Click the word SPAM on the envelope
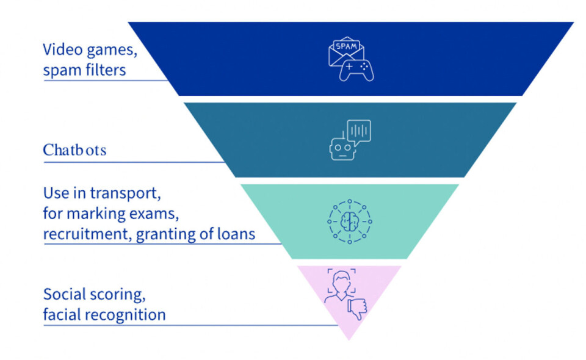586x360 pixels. coord(347,46)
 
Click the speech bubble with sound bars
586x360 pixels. coord(359,131)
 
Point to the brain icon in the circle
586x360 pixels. coord(349,221)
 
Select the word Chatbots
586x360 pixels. coord(74,150)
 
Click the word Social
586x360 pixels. coord(63,294)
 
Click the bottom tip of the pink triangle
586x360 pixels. coord(349,339)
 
